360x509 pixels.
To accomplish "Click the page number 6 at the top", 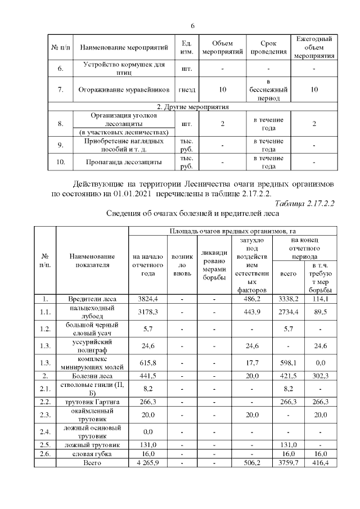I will pyautogui.click(x=192, y=26).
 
